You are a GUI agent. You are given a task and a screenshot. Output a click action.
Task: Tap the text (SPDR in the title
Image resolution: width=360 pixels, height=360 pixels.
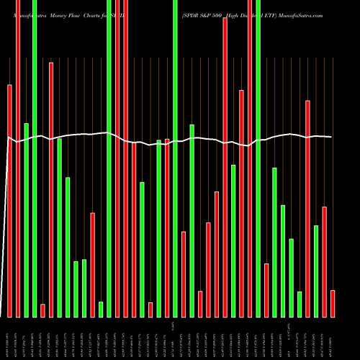[190, 14]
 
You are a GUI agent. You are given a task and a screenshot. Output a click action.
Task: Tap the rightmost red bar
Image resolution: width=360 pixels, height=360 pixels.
[333, 303]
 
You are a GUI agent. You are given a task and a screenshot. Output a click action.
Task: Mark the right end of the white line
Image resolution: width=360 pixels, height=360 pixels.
[332, 137]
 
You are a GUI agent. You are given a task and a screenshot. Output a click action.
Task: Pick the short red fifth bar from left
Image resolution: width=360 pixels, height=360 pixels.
[43, 310]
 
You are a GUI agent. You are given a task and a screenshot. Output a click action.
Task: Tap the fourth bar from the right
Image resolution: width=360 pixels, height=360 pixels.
[308, 209]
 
